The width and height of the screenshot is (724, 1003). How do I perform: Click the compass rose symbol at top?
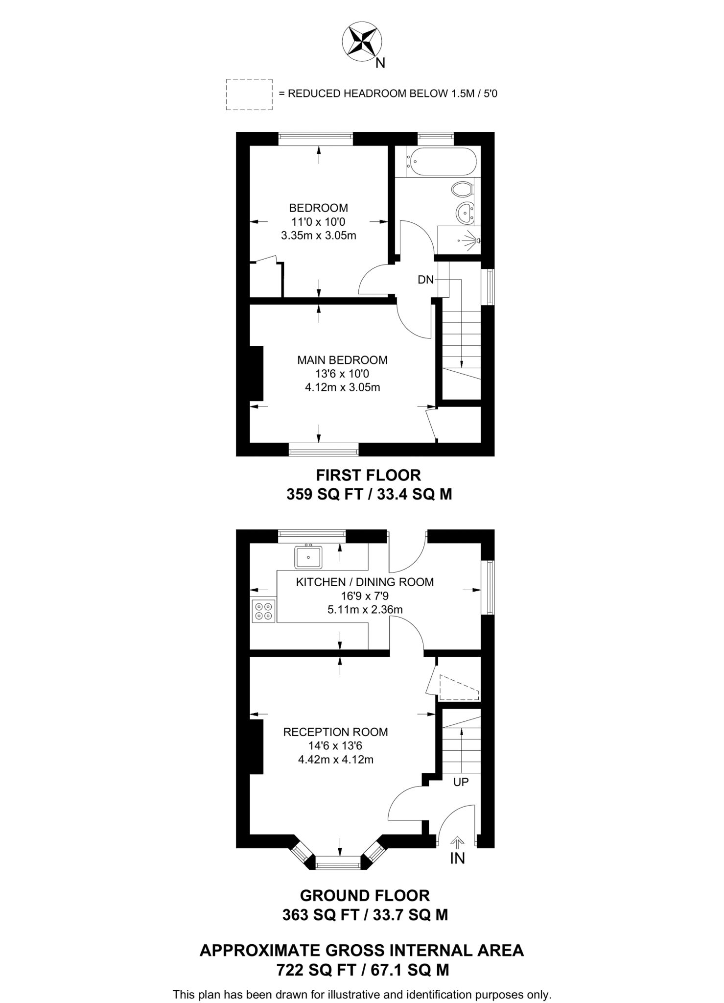362,42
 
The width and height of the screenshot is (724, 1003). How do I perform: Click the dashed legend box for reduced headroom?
249,94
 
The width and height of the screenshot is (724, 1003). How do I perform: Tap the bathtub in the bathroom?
443,162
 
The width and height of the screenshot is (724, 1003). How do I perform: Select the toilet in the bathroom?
462,189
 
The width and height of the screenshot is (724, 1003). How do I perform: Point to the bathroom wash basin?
464,213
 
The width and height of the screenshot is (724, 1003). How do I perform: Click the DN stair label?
425,280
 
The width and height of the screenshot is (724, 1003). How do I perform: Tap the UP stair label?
461,782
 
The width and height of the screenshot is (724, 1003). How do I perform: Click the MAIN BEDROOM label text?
342,360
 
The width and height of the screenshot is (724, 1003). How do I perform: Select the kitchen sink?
308,557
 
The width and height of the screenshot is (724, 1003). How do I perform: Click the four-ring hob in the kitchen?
263,611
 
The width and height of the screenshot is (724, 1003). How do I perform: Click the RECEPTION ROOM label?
335,732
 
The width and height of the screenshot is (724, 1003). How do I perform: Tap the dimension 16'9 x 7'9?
365,596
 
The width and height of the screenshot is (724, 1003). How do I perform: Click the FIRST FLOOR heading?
368,475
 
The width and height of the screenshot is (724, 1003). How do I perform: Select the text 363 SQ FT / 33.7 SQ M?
365,915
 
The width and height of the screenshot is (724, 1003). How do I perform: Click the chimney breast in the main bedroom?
257,373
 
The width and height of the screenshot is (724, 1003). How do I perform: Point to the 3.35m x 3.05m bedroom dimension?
318,236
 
